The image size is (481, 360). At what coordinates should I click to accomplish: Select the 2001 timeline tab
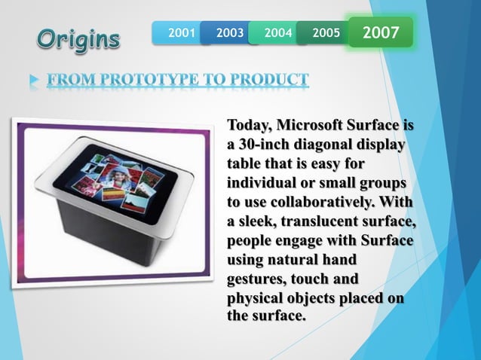coord(182,33)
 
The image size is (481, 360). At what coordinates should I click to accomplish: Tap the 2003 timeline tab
coord(229,33)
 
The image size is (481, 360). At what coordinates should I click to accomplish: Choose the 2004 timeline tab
coord(277,33)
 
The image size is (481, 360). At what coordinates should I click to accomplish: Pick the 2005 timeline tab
coord(325,33)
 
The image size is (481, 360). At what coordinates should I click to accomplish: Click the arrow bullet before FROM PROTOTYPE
coord(31,80)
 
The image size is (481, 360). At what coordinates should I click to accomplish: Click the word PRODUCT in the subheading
coord(269,80)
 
